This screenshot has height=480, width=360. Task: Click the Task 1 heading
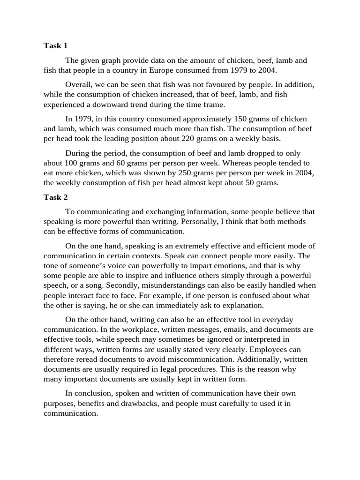(56, 45)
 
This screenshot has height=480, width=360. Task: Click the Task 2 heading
(56, 197)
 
